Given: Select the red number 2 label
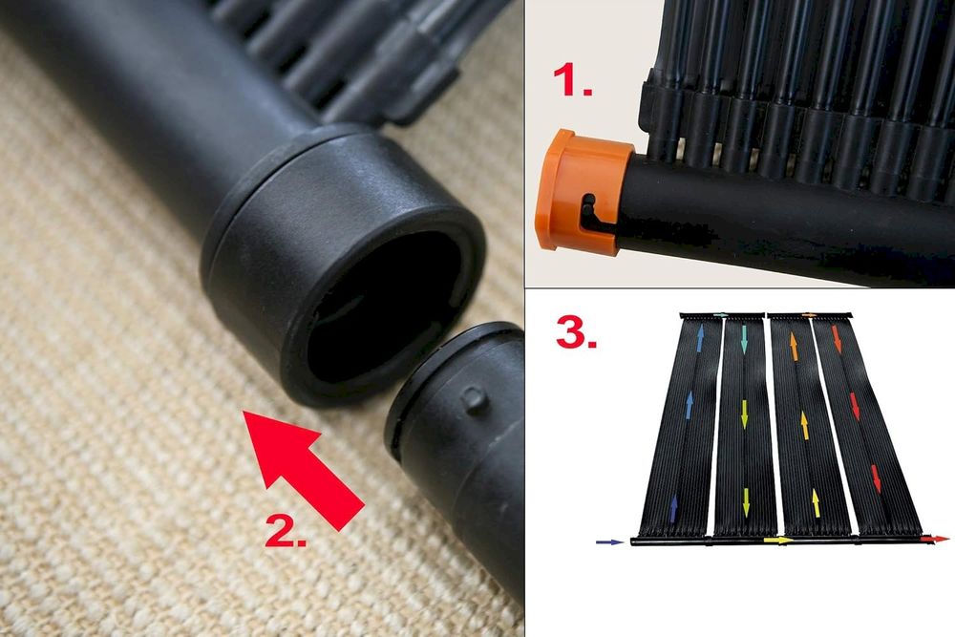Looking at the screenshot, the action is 286,529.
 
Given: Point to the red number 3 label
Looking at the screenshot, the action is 576,332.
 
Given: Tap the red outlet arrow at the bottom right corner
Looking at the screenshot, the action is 934,539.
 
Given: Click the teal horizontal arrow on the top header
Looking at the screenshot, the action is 721,315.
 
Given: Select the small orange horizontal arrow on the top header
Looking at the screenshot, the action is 810,315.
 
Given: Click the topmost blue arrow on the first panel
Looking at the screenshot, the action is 700,339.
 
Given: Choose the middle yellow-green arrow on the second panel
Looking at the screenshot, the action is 744,414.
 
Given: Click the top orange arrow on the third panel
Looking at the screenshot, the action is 794,347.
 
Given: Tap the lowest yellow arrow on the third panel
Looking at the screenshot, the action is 817,503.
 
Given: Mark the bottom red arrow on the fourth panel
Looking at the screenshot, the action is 877,478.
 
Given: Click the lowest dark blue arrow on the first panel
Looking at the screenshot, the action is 673,508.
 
